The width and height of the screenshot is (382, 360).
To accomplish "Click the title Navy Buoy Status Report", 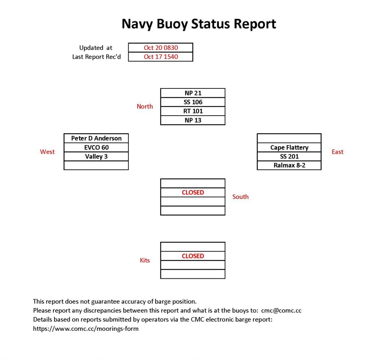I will [x=199, y=24].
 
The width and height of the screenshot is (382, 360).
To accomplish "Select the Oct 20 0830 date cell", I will [x=161, y=48].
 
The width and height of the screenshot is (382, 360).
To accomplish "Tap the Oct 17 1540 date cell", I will [x=161, y=57].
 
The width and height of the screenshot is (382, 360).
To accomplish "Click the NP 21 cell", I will [x=193, y=93].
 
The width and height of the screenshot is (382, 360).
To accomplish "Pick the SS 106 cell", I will [x=193, y=102].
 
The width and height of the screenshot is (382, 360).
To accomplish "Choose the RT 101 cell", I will [x=193, y=111].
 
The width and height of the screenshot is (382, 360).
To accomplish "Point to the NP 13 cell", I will [x=193, y=120].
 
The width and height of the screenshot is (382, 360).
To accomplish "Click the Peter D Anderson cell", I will [x=96, y=138].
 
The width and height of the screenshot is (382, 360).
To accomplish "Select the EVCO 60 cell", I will [x=96, y=147].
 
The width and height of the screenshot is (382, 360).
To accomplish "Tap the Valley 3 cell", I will [x=96, y=156].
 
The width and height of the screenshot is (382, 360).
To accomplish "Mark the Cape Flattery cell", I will [x=289, y=147].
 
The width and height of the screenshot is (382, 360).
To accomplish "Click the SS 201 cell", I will [x=289, y=156].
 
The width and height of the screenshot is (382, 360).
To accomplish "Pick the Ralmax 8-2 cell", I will [x=289, y=165].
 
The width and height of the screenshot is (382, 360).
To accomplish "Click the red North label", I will [x=145, y=106].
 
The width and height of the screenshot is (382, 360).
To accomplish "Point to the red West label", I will [x=47, y=152].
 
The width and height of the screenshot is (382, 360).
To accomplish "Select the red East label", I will [x=337, y=152].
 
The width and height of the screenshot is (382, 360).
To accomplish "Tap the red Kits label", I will [x=145, y=260].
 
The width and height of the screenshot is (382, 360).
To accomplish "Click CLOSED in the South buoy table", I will [x=193, y=192].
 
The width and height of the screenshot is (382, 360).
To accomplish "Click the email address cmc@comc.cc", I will [x=284, y=310].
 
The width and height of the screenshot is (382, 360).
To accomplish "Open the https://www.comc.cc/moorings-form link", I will [x=86, y=329].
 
